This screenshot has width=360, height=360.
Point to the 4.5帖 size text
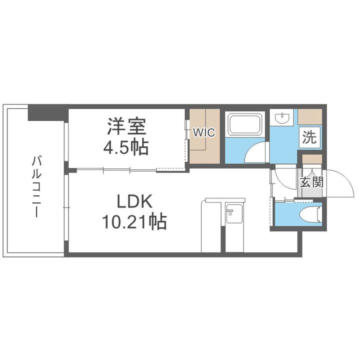[x=126, y=147]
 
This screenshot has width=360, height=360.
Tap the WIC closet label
[x=204, y=132]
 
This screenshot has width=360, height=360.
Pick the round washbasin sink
[x=282, y=118]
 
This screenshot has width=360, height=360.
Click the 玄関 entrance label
[x=311, y=181]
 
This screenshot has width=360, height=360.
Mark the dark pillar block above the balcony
[x=47, y=112]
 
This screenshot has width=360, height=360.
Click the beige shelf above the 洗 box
[x=310, y=116]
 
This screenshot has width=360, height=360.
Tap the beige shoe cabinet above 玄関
[x=311, y=160]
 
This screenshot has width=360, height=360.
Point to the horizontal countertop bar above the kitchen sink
[x=225, y=200]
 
